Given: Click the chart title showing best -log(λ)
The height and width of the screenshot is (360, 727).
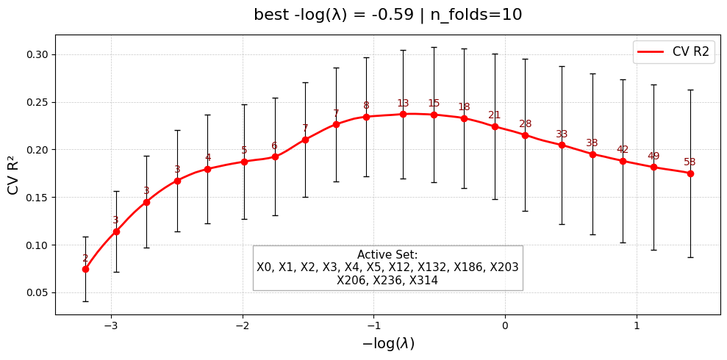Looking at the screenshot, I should (387, 15).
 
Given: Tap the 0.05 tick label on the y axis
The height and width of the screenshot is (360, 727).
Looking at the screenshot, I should (37, 292).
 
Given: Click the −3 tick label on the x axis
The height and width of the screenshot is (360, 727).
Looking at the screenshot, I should (111, 325).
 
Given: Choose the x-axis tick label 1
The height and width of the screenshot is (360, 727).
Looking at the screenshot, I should (637, 325).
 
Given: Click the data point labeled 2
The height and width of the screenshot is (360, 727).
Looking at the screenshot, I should (85, 269).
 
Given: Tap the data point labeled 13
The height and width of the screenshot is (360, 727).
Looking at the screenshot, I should (403, 114).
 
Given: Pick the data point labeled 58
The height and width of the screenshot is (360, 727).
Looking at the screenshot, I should (690, 173).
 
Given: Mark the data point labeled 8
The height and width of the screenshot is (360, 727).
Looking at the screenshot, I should (366, 117).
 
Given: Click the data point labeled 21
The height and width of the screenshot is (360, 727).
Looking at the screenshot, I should (495, 126).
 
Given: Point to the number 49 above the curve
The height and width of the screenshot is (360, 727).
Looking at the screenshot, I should (653, 156).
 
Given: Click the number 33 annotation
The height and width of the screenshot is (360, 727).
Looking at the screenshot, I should (562, 134).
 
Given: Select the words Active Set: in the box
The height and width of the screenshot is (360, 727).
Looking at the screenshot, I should (387, 255).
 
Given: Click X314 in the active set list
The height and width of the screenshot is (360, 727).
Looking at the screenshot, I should (422, 280).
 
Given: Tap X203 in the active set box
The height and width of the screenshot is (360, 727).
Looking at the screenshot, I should (503, 267).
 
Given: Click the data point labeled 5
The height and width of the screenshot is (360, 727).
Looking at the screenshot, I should (244, 162).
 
